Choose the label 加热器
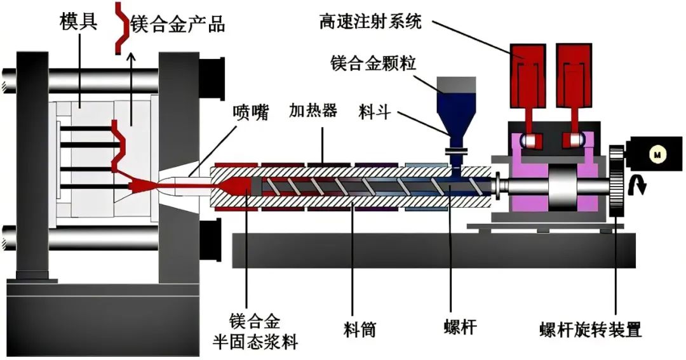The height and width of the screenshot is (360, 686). pos(313,114)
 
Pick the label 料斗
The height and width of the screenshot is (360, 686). pos(382,114)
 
